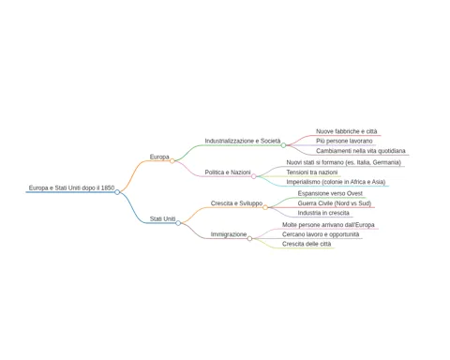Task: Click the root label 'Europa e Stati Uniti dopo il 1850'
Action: [x=71, y=187]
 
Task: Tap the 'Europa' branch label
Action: [x=159, y=157]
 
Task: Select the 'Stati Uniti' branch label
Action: [x=162, y=218]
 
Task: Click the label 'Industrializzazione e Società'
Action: [x=243, y=141]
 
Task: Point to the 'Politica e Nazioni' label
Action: [x=228, y=172]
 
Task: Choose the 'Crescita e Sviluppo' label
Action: [x=236, y=203]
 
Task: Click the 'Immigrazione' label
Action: [x=229, y=234]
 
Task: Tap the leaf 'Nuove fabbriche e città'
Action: [x=347, y=131]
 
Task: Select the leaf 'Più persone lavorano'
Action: [x=344, y=141]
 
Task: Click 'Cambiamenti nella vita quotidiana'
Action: [x=361, y=151]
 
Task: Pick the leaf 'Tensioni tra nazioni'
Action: [x=312, y=172]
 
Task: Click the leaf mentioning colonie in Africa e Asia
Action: [x=336, y=182]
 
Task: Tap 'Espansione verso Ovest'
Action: [x=330, y=193]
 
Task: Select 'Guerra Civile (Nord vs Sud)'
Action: [x=335, y=203]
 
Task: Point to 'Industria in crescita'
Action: [x=323, y=213]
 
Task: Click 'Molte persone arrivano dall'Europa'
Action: [x=328, y=225]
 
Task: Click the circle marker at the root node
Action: [x=117, y=192]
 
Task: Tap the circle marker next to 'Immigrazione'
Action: [x=249, y=239]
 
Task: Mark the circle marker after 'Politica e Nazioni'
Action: [x=254, y=176]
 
